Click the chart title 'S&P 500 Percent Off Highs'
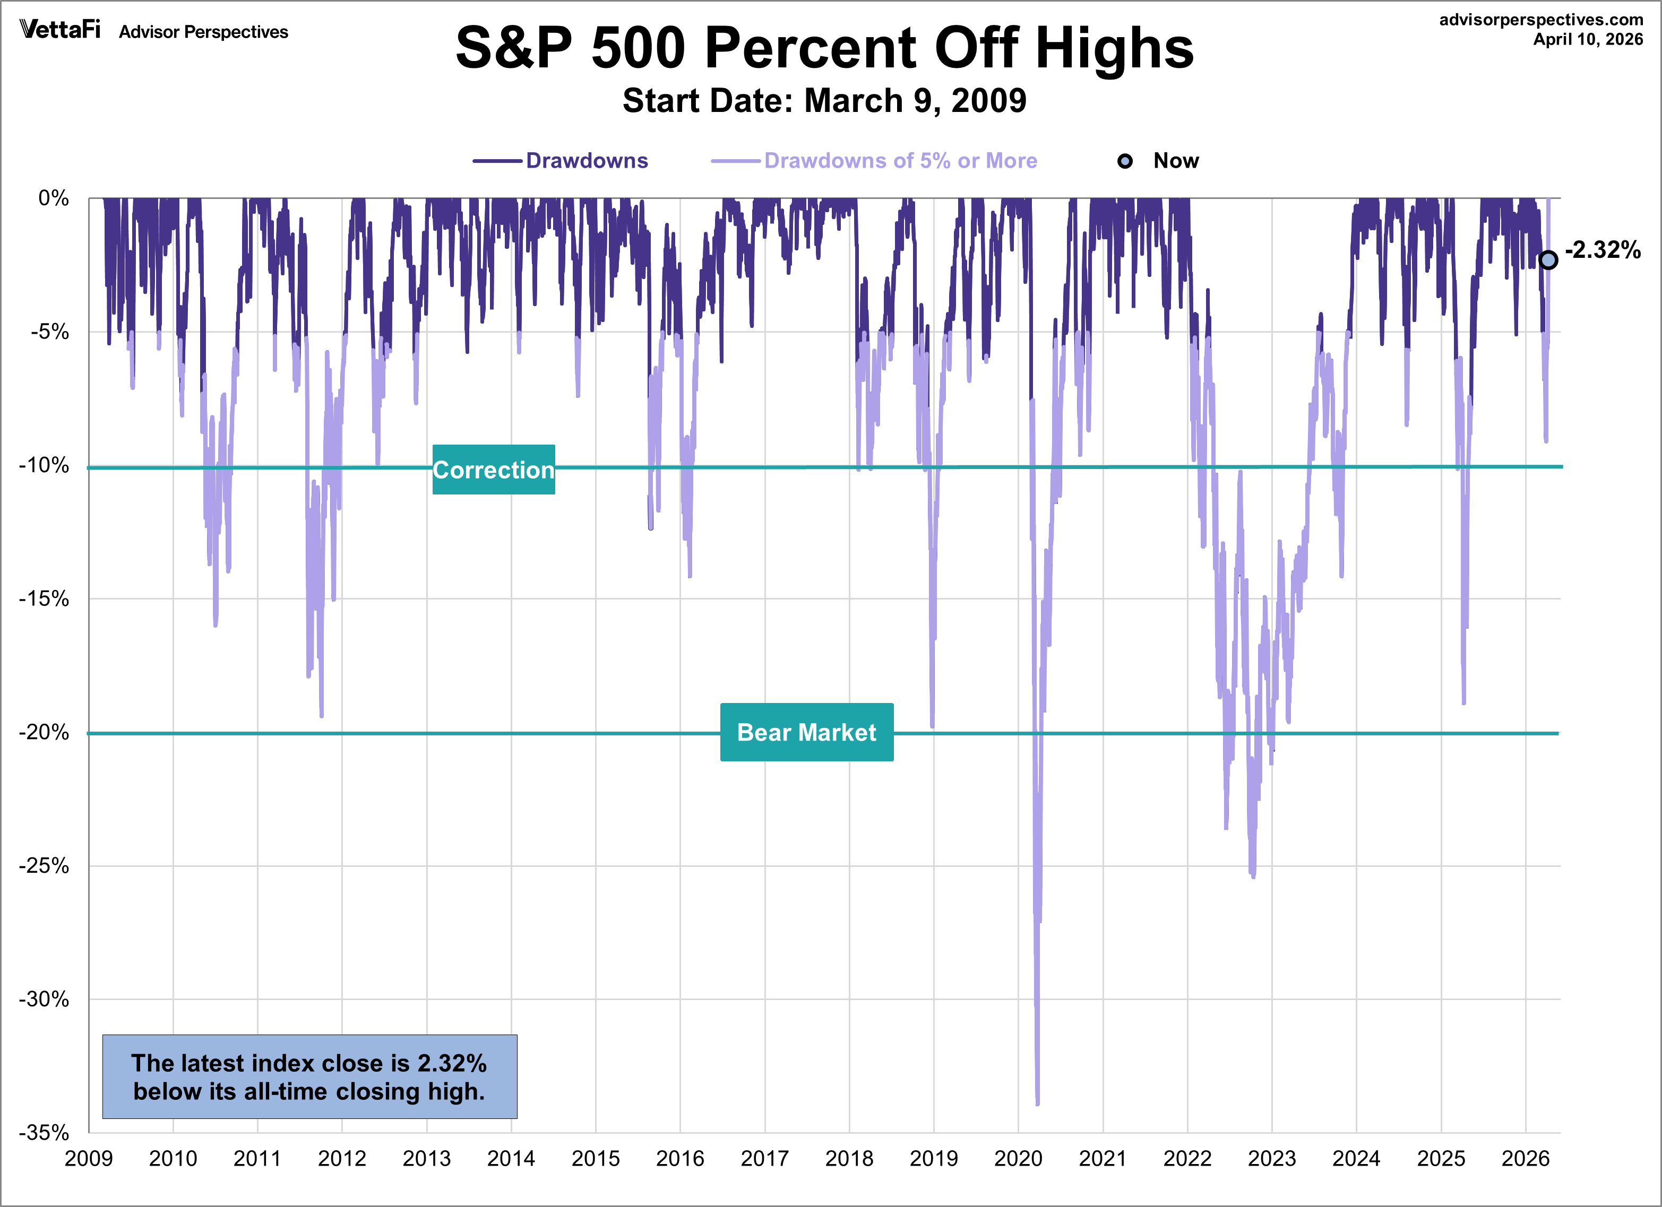pos(824,48)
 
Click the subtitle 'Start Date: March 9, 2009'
pos(824,100)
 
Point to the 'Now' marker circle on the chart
pos(1548,260)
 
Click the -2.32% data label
pos(1603,250)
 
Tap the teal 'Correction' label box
pos(493,470)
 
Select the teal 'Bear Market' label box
pos(806,732)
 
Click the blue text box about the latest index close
pos(309,1076)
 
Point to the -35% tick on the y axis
pos(44,1132)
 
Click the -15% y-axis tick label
pos(44,599)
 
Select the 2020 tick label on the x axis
pos(1018,1159)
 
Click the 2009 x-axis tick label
pos(89,1159)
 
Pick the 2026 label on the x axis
pos(1525,1159)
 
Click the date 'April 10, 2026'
pos(1588,40)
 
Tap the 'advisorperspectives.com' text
pos(1541,20)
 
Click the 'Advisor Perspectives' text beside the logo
pos(204,32)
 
